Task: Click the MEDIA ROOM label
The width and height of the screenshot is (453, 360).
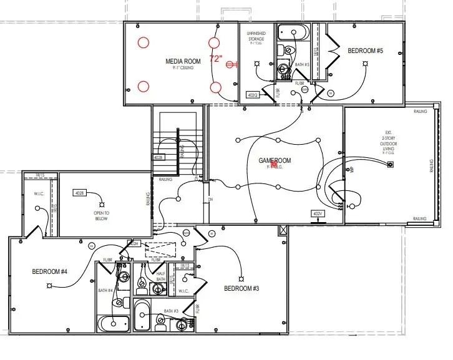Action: tap(183, 61)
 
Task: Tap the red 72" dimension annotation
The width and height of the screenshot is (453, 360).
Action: tap(216, 58)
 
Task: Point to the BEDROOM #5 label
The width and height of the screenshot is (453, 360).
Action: tap(365, 51)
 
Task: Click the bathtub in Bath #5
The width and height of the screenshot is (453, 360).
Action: tap(293, 32)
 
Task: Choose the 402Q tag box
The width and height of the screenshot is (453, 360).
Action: tap(253, 95)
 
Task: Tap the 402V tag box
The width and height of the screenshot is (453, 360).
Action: tap(318, 213)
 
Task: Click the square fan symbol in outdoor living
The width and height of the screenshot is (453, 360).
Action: tap(391, 165)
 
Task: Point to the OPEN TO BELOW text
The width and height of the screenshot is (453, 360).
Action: tap(102, 216)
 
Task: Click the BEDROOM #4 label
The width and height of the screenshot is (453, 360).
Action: tap(49, 271)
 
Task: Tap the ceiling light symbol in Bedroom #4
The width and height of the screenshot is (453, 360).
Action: tap(47, 286)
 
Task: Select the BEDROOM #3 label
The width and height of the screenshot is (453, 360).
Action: tap(241, 288)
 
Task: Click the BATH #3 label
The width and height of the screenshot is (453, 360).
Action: tap(172, 311)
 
